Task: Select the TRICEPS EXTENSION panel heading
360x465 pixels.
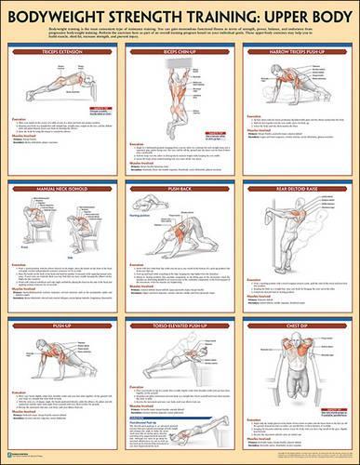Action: pyautogui.click(x=62, y=42)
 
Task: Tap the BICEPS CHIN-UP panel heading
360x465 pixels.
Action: pyautogui.click(x=180, y=42)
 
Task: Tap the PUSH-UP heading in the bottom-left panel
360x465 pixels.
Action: pyautogui.click(x=62, y=326)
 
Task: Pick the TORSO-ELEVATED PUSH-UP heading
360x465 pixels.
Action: pyautogui.click(x=180, y=326)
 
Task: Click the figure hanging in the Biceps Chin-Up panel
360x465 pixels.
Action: pyautogui.click(x=180, y=93)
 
